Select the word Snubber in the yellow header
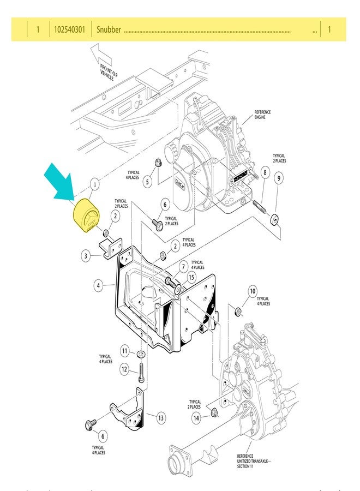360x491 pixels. point(109,29)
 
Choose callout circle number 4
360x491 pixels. point(99,285)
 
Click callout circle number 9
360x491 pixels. point(278,178)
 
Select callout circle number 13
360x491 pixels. point(161,418)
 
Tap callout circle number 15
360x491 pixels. point(191,278)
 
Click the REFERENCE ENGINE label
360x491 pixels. point(262,115)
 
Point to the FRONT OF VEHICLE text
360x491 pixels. point(109,71)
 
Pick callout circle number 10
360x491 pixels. point(253,290)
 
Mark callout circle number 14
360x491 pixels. point(196,418)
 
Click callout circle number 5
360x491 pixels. point(147,182)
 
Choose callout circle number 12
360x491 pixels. point(124,369)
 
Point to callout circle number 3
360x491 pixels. point(86,255)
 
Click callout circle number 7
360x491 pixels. point(184,267)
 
